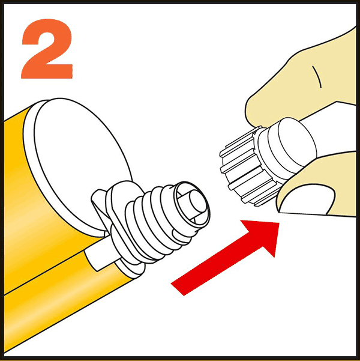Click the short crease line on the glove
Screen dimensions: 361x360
click(317, 75)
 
